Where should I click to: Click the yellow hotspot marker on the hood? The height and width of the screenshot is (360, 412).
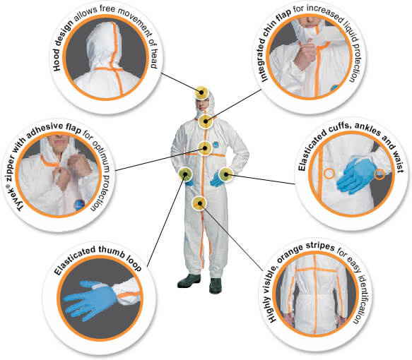coord(201,92)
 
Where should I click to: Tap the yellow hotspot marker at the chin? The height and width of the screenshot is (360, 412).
coord(206,121)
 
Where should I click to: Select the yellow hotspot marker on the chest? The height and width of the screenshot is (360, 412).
coord(205,148)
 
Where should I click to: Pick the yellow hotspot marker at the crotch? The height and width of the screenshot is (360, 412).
coord(199,203)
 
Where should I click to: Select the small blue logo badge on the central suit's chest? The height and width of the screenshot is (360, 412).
coord(216,145)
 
